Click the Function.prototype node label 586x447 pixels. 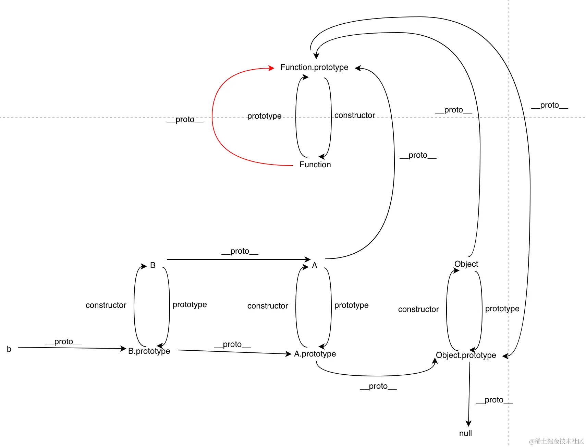click(314, 67)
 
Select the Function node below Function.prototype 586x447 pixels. click(315, 165)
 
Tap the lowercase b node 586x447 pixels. click(9, 349)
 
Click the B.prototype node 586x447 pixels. click(149, 351)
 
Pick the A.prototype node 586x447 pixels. click(315, 354)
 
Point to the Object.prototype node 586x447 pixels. click(466, 355)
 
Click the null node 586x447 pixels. click(465, 433)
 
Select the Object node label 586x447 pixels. click(466, 264)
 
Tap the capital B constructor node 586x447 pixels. click(153, 265)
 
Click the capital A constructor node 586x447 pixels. click(315, 265)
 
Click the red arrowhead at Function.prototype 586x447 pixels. click(271, 68)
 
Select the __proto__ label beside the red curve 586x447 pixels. click(185, 120)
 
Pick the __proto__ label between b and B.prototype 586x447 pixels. click(64, 342)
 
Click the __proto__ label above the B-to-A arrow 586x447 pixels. click(240, 251)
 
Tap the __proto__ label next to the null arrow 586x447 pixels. click(494, 400)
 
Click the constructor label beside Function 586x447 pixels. click(355, 116)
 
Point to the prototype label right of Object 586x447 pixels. click(502, 309)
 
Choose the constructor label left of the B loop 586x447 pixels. click(106, 305)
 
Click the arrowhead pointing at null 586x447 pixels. click(468, 424)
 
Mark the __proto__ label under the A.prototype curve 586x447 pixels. click(378, 386)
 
